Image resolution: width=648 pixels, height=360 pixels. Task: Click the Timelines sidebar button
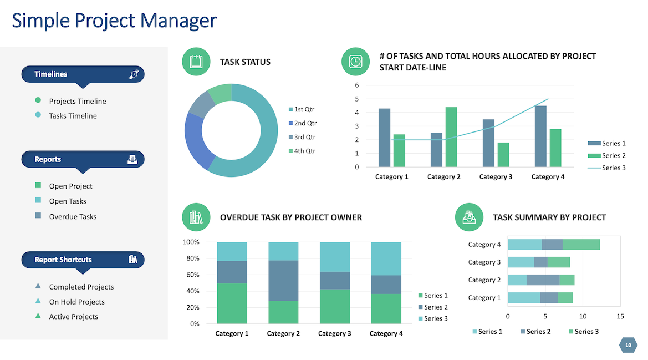(83, 74)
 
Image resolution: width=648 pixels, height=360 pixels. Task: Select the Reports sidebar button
(83, 160)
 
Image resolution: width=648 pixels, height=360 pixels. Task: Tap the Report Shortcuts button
(83, 260)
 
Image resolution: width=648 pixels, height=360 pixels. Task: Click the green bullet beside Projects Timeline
(38, 100)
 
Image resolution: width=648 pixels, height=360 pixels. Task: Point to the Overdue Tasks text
(73, 217)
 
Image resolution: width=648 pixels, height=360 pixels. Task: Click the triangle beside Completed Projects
(38, 286)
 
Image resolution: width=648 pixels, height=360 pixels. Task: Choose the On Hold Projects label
(76, 302)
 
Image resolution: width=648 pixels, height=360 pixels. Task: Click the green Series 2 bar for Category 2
(451, 136)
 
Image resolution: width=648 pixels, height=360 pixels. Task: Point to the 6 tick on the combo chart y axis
(357, 85)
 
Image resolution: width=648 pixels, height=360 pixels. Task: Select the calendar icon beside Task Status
(196, 62)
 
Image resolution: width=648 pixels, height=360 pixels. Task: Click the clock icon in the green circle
(355, 62)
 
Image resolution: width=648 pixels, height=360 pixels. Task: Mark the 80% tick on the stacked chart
(191, 258)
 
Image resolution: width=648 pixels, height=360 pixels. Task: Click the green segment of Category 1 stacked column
(232, 303)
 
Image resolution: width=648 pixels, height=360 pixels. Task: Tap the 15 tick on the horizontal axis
(620, 316)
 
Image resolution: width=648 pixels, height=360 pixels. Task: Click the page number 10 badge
(628, 346)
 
